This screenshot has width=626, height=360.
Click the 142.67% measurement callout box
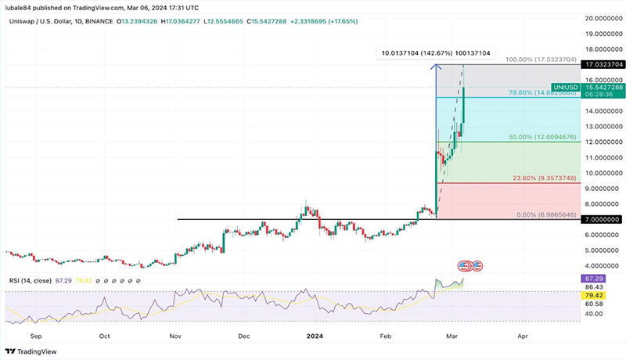click(435, 53)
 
